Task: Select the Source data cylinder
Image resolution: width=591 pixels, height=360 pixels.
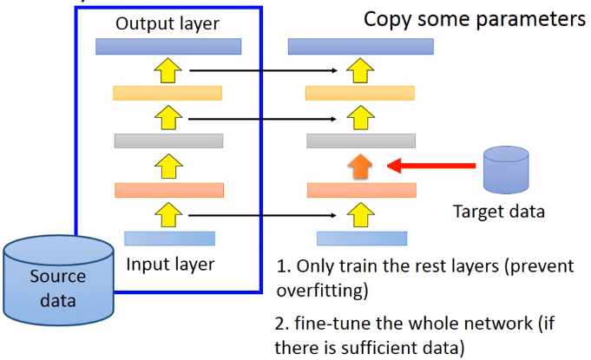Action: [58, 278]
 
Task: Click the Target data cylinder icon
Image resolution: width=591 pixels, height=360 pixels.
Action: [506, 170]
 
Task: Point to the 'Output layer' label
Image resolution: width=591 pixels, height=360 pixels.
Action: [167, 23]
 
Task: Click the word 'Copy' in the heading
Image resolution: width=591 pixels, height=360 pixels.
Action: [388, 19]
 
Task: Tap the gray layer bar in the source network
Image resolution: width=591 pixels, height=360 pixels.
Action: [169, 141]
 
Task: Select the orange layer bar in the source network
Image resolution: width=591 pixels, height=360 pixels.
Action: [169, 190]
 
